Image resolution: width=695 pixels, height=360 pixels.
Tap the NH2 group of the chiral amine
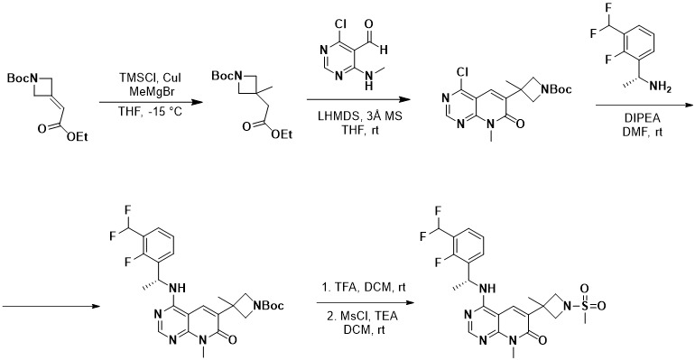[x=660, y=88]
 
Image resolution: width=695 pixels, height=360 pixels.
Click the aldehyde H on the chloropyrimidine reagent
[x=384, y=50]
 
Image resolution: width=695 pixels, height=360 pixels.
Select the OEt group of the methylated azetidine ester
[x=282, y=134]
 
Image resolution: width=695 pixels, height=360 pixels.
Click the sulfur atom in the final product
[x=585, y=306]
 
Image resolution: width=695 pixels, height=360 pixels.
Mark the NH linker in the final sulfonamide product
[x=488, y=288]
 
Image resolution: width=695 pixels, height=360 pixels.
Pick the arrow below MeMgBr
[x=147, y=102]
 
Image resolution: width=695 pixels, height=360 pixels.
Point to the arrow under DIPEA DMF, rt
[x=644, y=105]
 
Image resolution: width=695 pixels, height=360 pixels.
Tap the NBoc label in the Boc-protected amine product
[x=270, y=306]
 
